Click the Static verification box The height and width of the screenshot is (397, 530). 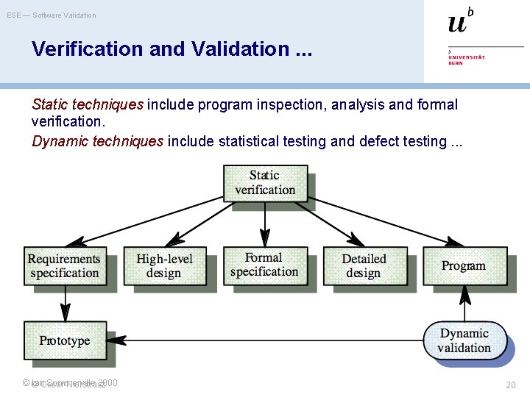point(265,182)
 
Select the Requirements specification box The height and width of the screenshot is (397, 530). point(65,265)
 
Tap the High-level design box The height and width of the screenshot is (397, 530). point(164,265)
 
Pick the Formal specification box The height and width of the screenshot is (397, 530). point(264,265)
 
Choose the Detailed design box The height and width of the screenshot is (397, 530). point(364,265)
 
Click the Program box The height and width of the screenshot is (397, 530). point(464,265)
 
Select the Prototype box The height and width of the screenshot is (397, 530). point(65,340)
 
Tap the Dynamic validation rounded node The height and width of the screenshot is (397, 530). point(464,340)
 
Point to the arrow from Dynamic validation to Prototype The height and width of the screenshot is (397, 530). point(265,340)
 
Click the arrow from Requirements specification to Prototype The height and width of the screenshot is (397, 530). point(65,302)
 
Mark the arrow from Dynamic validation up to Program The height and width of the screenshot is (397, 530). point(464,303)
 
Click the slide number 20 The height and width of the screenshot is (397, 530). point(511,385)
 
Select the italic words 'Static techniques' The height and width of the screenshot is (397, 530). point(88,105)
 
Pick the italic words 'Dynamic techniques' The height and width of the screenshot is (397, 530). point(98,141)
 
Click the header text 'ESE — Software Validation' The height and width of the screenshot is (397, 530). point(52,15)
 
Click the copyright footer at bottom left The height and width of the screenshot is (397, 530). point(70,383)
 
